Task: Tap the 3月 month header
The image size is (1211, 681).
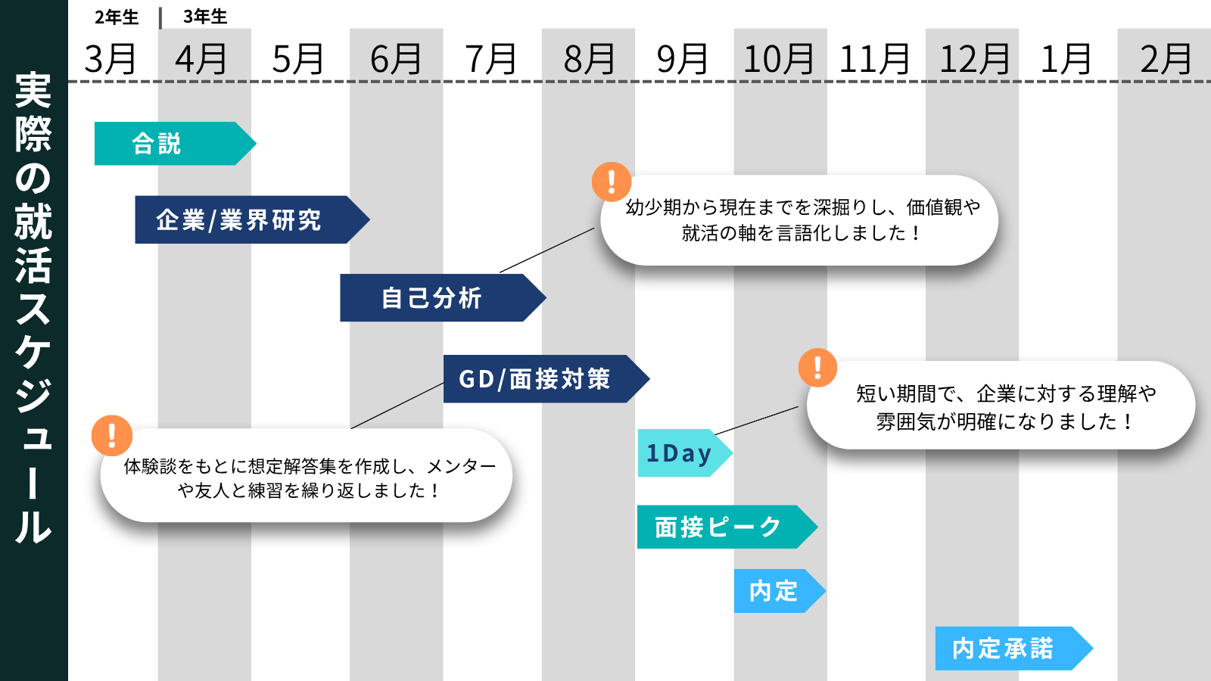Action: coord(111,59)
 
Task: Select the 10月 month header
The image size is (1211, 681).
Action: coord(779,59)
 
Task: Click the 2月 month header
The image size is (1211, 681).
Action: coord(1166,59)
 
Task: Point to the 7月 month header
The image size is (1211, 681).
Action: coord(491,59)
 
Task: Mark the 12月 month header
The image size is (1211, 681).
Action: coord(975,59)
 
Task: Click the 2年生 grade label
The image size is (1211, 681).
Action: coord(117,17)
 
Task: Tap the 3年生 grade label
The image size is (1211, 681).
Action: coord(205,17)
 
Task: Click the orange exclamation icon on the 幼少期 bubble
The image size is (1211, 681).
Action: coord(612,182)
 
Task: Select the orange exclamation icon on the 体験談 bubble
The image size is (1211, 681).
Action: coord(112,436)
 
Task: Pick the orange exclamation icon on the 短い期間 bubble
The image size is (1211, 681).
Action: coord(817,368)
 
